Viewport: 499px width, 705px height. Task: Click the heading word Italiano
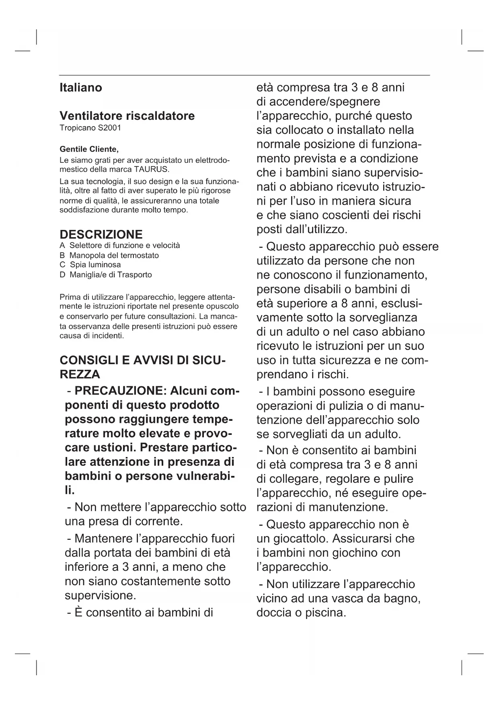[x=80, y=88]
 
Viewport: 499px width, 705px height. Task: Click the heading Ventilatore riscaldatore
[x=127, y=116]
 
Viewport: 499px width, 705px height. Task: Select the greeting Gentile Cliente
[x=89, y=149]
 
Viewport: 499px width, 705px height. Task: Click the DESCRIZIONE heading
[x=101, y=234]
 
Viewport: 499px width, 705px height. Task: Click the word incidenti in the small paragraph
[x=107, y=336]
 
